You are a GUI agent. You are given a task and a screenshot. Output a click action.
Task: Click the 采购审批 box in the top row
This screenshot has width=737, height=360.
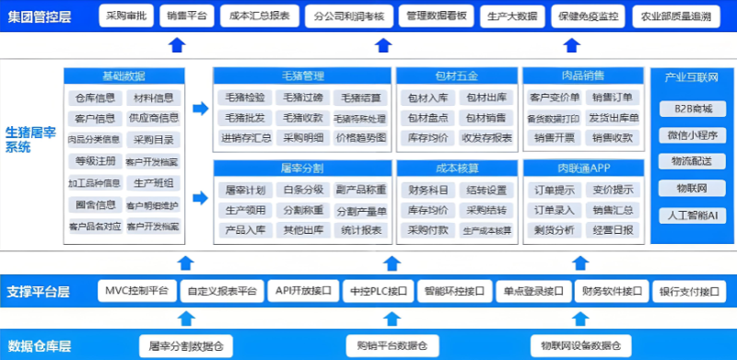coord(125,17)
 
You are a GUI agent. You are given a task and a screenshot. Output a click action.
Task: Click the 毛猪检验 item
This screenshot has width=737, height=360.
coord(244,97)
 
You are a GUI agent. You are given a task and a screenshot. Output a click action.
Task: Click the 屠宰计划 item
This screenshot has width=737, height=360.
coord(244,190)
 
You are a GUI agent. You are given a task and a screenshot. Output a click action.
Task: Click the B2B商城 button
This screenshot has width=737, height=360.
coord(692,109)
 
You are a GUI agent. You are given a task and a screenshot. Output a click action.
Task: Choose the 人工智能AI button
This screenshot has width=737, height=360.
coord(692,215)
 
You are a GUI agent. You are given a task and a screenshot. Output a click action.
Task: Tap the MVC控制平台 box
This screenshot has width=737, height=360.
coord(135,291)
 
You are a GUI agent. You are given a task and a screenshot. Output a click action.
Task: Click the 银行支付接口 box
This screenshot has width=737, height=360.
coord(686,291)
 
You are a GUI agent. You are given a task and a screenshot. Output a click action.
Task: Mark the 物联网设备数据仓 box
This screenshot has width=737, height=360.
coord(580,345)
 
